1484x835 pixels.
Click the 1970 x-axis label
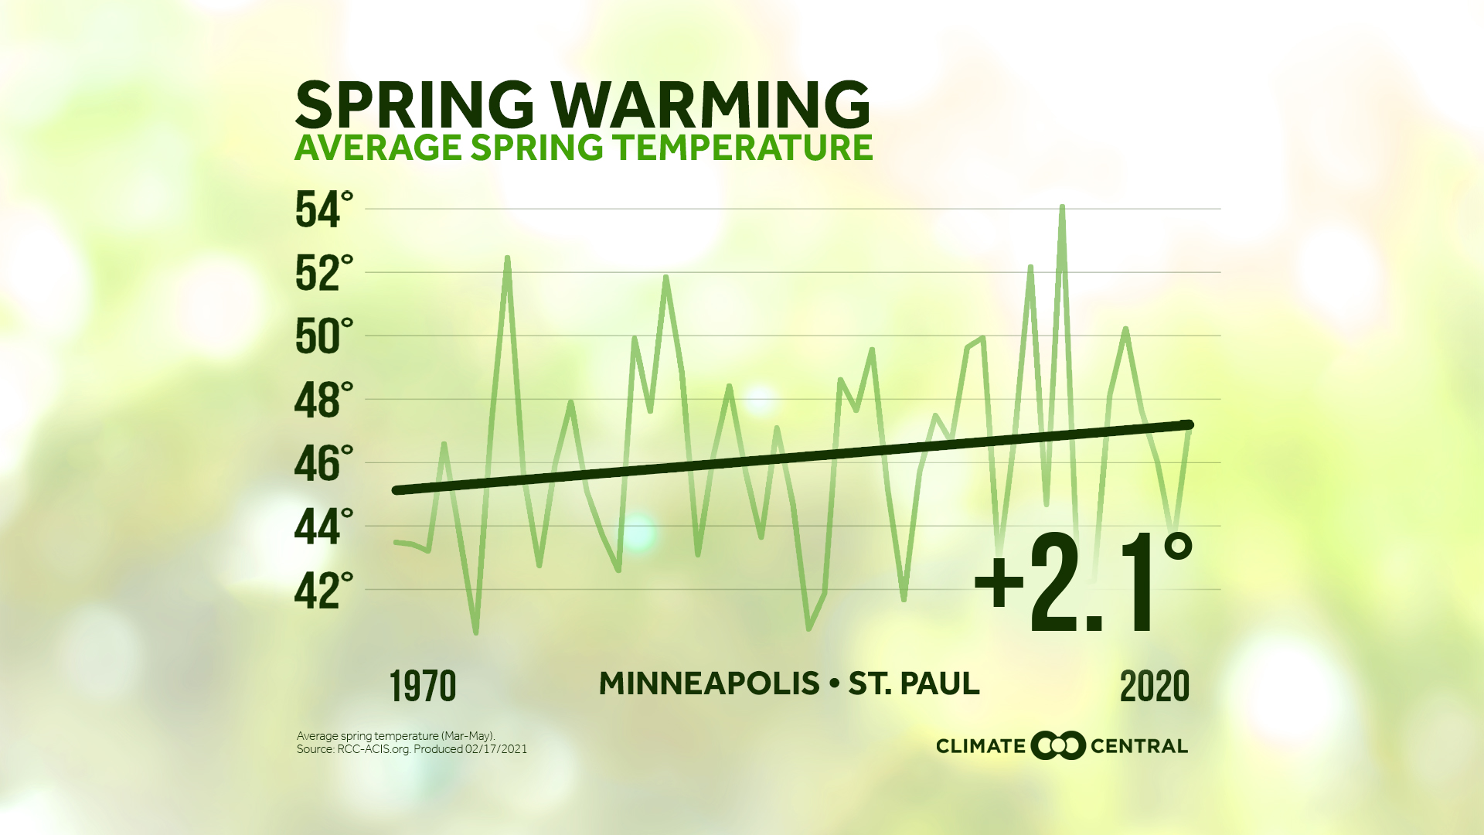tap(423, 687)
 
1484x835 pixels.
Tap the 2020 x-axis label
tap(1155, 687)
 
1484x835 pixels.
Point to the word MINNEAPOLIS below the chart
tap(709, 683)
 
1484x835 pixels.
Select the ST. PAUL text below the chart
tap(914, 683)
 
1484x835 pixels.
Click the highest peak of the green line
tap(1062, 207)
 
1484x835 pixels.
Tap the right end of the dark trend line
tap(1189, 425)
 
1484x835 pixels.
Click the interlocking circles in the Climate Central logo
tap(1058, 745)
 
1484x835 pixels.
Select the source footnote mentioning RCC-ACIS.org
tap(411, 749)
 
